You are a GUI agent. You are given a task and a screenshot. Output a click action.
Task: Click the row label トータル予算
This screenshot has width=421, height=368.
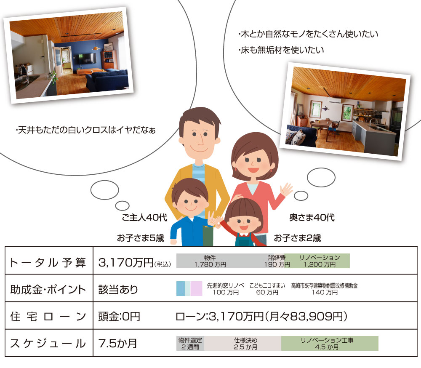pos(48,262)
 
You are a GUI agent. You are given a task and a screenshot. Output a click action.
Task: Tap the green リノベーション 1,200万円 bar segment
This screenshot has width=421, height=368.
pos(320,261)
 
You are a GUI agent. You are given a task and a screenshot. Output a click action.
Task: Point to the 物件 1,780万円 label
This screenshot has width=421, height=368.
pos(210,261)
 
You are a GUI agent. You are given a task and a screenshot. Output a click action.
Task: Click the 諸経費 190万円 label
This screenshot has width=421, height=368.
pos(277,261)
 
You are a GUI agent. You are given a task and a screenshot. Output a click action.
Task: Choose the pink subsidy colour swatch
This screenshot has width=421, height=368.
pos(196,288)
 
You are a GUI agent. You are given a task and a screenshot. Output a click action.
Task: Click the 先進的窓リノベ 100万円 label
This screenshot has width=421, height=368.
pos(226,289)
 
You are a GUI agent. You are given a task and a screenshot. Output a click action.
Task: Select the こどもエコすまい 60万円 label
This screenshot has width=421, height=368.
pos(267,289)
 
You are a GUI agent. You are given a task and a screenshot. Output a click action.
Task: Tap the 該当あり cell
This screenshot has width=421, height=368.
pos(118,289)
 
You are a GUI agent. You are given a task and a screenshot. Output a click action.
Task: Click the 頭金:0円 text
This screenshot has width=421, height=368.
pos(119,317)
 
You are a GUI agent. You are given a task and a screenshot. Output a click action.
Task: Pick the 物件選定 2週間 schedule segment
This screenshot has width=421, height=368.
pos(190,343)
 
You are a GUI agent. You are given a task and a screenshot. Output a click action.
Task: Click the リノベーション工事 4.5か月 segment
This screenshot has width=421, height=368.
pos(330,343)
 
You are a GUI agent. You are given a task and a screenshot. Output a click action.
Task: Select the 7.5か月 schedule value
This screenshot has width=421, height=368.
pos(117,344)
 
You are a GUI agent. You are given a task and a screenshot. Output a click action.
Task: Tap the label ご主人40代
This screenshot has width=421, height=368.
pos(144,217)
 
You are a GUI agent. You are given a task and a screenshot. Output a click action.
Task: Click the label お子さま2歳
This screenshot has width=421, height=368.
pos(297,238)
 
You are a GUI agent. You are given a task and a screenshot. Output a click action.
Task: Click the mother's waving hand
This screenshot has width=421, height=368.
pos(286,190)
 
